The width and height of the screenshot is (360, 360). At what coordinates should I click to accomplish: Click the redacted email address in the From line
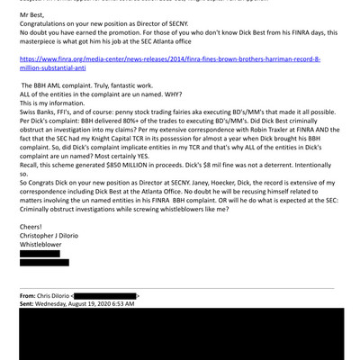[x=105, y=295]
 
